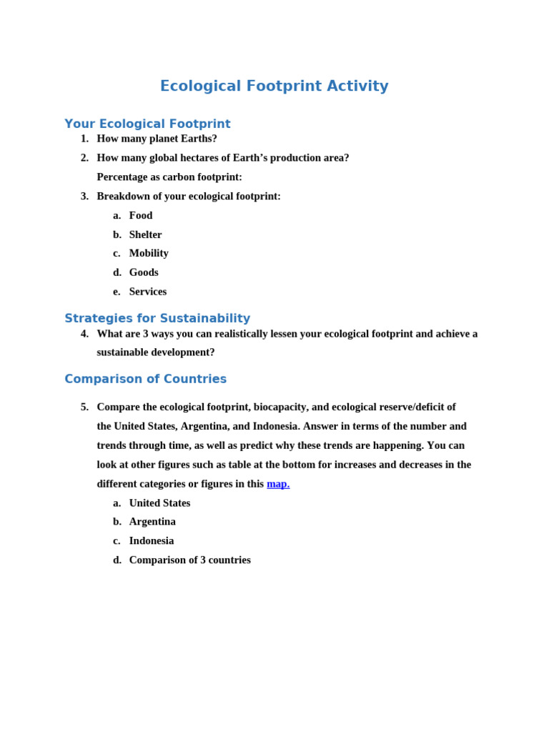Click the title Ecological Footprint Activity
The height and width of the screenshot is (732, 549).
coord(274,86)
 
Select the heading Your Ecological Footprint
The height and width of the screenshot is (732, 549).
coord(147,124)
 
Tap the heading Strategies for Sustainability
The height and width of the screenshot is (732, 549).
coord(157,318)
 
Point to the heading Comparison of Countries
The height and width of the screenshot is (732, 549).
coord(145,379)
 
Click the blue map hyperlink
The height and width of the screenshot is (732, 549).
coord(278,484)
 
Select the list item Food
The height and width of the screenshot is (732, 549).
coord(141,215)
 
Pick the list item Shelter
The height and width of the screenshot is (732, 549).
coord(145,234)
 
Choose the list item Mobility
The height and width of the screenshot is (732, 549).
coord(149,253)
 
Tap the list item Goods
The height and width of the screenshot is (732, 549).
coord(144,272)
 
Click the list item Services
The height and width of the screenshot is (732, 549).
coord(147,292)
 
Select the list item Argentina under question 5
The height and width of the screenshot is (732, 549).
coord(152,522)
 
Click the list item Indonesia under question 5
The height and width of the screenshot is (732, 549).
coord(151,541)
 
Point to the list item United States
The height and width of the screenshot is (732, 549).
coord(159,503)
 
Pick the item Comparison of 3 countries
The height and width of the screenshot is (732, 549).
coord(189,560)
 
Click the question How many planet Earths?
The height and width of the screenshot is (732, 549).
coord(157,139)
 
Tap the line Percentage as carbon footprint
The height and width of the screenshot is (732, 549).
coord(169,177)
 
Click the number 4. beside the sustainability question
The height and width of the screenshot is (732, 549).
coord(84,334)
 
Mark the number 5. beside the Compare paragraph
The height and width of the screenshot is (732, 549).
coord(84,407)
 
